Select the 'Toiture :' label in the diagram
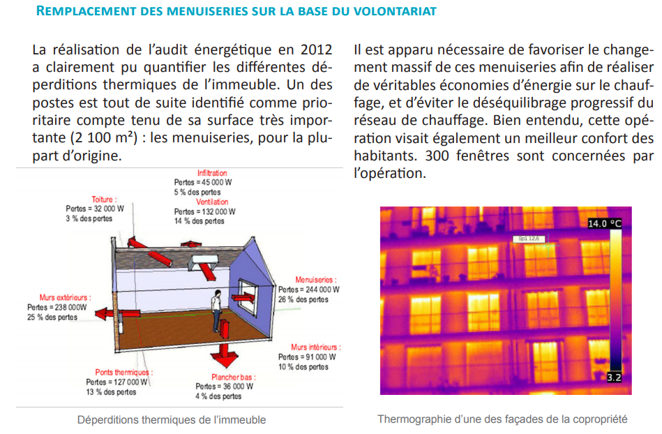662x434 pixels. [x=104, y=200]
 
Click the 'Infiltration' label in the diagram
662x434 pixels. [x=212, y=173]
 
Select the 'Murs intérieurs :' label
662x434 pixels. [x=316, y=347]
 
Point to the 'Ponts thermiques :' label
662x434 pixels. [x=123, y=373]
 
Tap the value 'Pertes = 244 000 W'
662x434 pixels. [x=309, y=290]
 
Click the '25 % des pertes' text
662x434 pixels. [x=52, y=317]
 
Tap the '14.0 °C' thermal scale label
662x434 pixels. [x=604, y=224]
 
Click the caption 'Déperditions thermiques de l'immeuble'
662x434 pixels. [x=172, y=420]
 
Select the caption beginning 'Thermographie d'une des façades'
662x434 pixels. [x=502, y=419]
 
